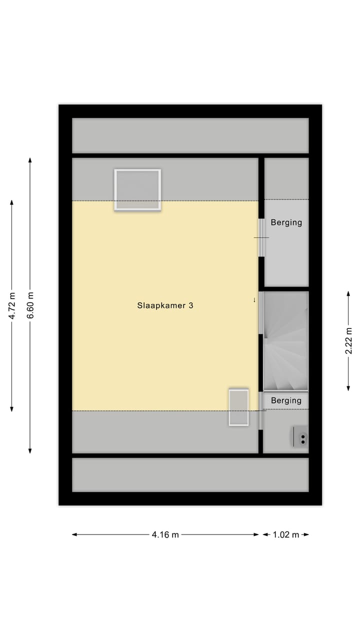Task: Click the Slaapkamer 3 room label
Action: (165, 305)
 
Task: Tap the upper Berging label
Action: (286, 222)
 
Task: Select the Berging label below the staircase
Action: (286, 400)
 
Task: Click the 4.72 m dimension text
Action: (12, 305)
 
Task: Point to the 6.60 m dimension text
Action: (30, 305)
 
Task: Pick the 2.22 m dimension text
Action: (348, 340)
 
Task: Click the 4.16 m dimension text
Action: (165, 534)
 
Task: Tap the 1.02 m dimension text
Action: (285, 534)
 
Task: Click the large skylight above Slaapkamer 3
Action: (137, 190)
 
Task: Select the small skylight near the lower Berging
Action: (238, 407)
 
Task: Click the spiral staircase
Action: (285, 341)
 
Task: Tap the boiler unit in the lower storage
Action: (300, 437)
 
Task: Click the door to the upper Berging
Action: (261, 237)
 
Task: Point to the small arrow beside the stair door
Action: (254, 300)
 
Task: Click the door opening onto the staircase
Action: (260, 312)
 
